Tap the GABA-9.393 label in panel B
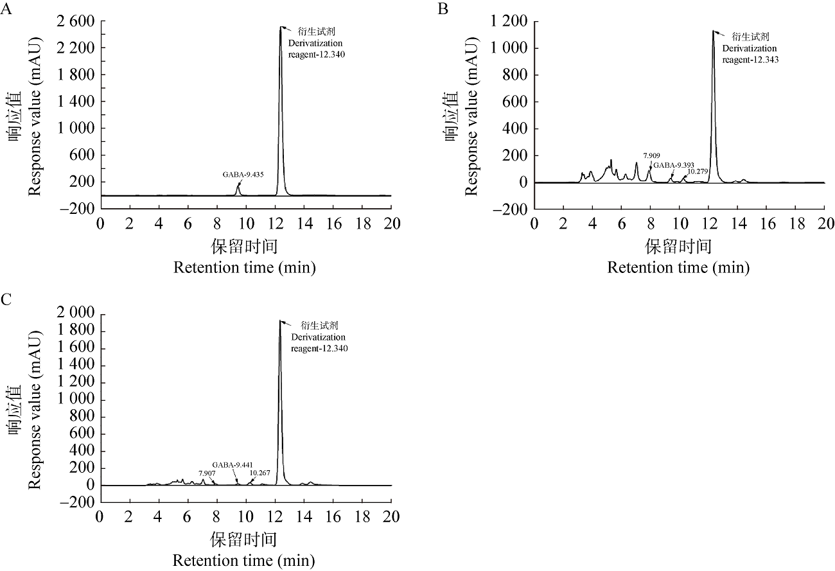coord(674,164)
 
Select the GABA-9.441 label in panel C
coord(234,464)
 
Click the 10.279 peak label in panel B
coord(699,171)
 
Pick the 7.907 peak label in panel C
coord(207,473)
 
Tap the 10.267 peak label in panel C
coord(260,473)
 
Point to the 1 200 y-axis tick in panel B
coord(511,22)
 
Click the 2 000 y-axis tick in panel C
coord(77,313)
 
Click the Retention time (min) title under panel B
coord(678,267)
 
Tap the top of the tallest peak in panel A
coord(281,28)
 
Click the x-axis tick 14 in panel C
coord(304,518)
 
